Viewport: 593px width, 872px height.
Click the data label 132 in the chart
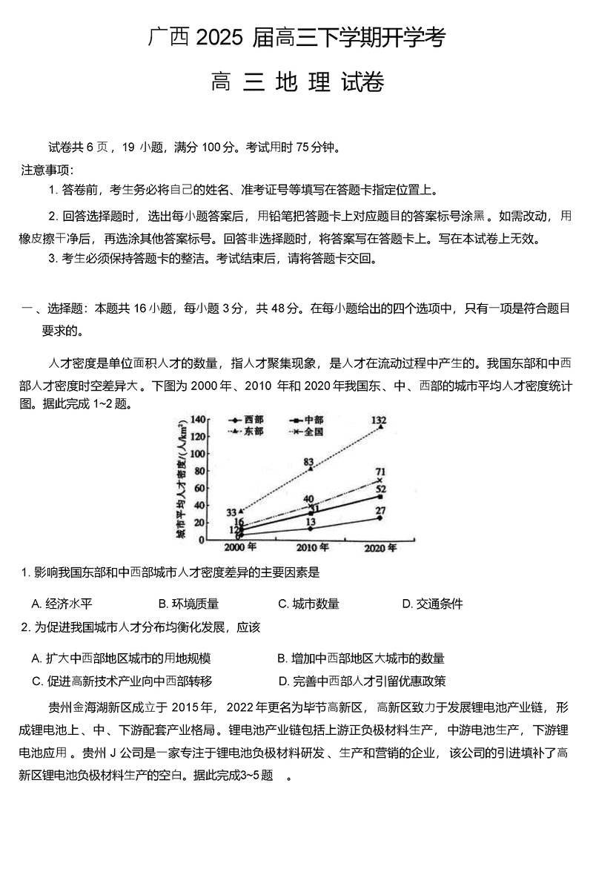point(380,420)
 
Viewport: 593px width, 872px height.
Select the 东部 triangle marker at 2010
point(310,469)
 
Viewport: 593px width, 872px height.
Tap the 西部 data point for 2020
point(380,518)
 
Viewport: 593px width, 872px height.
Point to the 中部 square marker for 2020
point(380,497)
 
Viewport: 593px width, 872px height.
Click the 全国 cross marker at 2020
point(380,480)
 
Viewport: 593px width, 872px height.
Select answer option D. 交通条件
point(432,604)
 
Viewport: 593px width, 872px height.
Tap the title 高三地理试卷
point(296,82)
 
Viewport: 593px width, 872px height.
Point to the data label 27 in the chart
point(380,510)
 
